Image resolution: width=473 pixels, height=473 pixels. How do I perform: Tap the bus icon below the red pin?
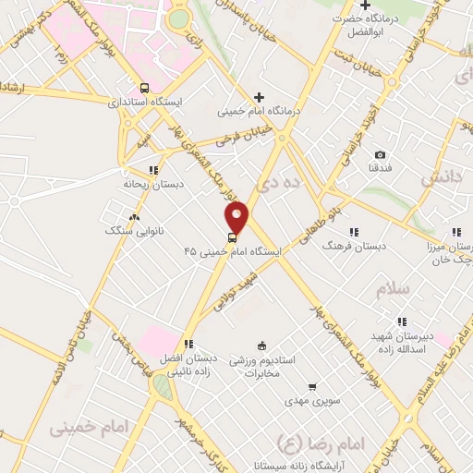(231, 237)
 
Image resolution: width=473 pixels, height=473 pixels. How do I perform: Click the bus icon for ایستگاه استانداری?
(143, 87)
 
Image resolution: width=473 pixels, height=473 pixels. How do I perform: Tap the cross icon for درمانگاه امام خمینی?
(259, 97)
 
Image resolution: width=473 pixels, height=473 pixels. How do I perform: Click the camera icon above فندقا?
(381, 155)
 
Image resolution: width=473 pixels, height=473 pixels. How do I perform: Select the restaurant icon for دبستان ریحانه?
(153, 169)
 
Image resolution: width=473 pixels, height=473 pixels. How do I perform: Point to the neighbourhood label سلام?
(393, 289)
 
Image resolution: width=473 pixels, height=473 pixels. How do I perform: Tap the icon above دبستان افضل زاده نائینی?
(188, 344)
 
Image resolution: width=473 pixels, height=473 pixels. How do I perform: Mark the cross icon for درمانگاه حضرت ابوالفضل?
(366, 6)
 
